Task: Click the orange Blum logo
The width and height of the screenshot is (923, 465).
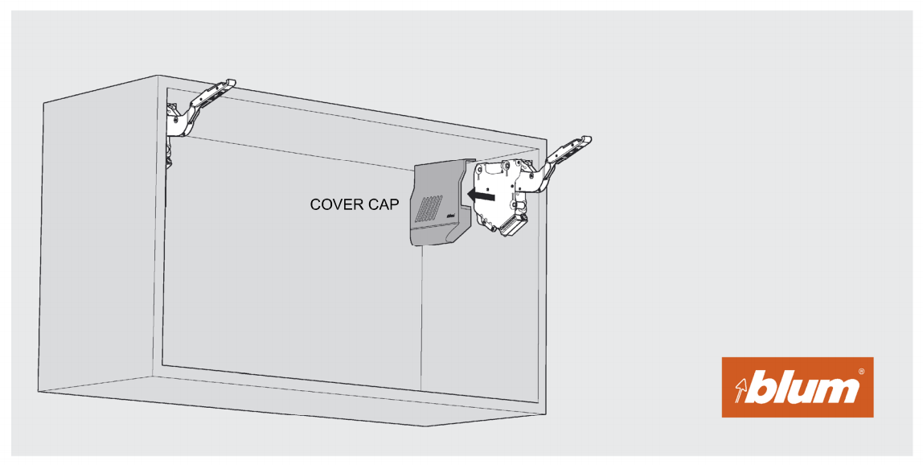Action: (x=797, y=387)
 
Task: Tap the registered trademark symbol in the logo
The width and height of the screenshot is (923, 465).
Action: (x=862, y=372)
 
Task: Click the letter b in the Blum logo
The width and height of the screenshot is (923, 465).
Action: (x=763, y=388)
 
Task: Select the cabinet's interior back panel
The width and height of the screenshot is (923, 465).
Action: (x=289, y=265)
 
